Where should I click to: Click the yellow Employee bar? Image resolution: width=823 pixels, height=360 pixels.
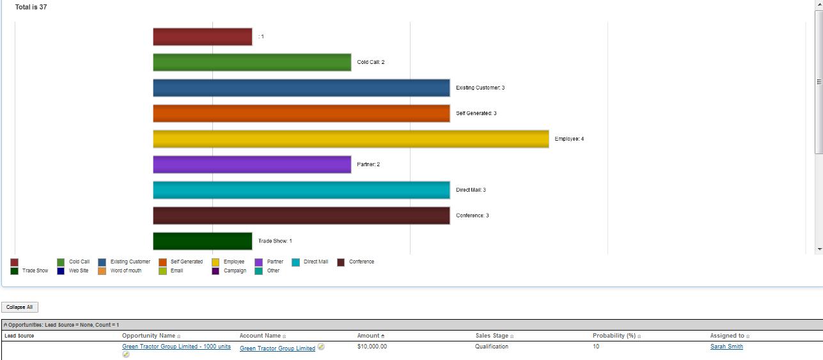(350, 139)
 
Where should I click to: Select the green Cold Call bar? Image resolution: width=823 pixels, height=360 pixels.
(252, 62)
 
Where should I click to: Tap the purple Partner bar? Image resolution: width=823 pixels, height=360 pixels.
(252, 164)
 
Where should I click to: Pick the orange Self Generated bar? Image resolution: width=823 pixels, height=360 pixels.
(301, 113)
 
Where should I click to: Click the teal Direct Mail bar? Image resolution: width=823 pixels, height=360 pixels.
(301, 190)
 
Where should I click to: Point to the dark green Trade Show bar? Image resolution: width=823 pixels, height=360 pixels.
(203, 241)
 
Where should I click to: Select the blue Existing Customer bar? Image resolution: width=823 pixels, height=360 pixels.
(301, 88)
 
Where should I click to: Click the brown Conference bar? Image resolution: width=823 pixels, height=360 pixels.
(301, 215)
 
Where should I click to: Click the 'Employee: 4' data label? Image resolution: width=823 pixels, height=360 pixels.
(569, 139)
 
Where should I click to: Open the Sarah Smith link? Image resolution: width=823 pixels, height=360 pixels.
(726, 347)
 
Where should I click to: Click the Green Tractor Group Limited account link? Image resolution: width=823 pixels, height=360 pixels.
(277, 348)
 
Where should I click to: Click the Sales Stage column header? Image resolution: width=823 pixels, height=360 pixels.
(491, 336)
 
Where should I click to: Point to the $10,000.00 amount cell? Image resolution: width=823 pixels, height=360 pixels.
(372, 347)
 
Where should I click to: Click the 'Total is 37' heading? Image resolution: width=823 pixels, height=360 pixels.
(31, 7)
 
